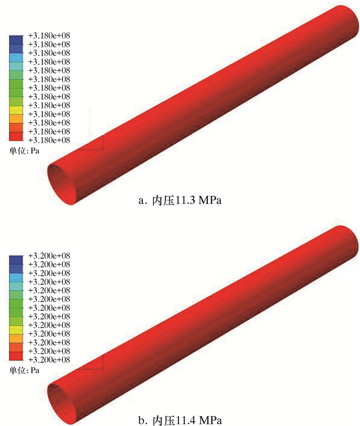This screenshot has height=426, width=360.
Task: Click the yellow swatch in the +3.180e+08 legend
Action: point(16,110)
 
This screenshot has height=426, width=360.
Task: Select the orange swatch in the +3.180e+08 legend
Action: point(16,119)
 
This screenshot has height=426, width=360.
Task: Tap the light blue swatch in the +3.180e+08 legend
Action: point(16,58)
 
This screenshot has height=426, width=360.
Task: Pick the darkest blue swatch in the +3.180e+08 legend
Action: point(16,40)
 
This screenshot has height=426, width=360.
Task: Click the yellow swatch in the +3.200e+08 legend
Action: point(16,330)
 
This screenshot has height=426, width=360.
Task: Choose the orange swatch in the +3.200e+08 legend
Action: point(16,339)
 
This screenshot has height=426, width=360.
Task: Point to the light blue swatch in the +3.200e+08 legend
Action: point(16,277)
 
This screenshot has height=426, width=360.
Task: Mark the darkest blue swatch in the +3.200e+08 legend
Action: point(16,260)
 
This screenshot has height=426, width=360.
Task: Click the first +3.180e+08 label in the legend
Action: point(49,35)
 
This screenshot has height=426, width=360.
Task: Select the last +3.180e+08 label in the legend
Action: point(49,140)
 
